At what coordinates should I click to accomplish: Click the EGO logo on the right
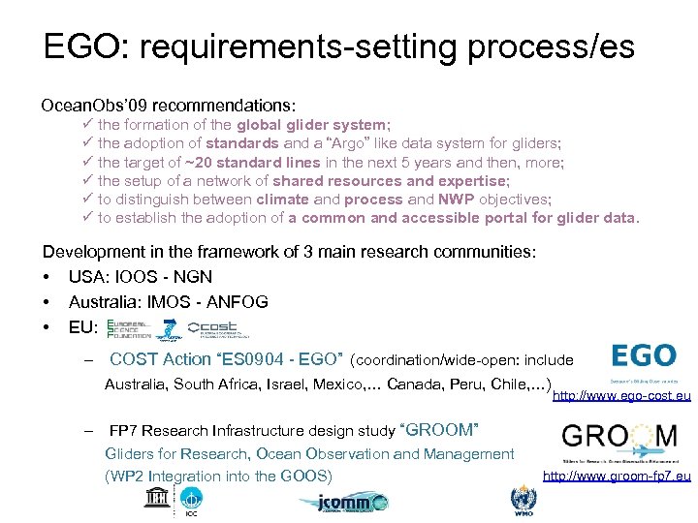pos(643,354)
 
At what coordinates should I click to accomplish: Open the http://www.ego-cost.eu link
pos(621,396)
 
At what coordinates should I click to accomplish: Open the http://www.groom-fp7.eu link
pos(617,476)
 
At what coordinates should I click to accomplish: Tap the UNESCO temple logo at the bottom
pos(155,500)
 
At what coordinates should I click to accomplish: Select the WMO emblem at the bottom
pos(522,501)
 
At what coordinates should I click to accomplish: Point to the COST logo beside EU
pos(218,327)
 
